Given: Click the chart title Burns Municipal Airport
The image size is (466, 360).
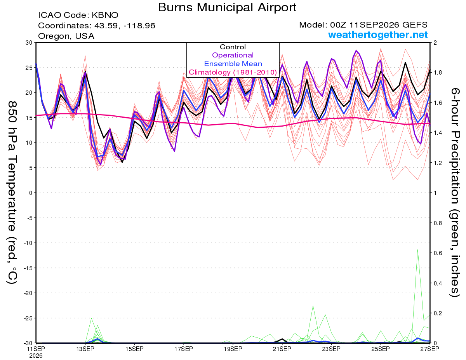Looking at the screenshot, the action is (227, 7).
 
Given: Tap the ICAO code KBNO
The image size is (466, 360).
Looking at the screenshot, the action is (105, 15).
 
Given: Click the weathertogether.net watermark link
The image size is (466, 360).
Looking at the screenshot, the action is (378, 35).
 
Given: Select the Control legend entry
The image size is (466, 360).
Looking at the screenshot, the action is (233, 47).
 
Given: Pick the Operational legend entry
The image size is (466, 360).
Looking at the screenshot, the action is (233, 55).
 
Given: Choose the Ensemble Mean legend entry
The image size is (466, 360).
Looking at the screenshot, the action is (233, 64).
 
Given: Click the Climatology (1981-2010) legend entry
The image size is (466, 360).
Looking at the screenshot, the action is (233, 72).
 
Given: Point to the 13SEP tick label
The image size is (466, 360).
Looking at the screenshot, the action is (85, 349).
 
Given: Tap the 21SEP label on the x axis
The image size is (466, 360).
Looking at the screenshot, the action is (282, 349).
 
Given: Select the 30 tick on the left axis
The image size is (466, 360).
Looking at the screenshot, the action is (29, 42).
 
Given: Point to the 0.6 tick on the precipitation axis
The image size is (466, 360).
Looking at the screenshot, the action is (436, 253).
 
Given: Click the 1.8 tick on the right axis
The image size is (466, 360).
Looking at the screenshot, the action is (436, 73).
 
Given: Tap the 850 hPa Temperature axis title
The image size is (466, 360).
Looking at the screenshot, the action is (12, 193).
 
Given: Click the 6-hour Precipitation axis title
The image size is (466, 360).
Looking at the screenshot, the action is (455, 193).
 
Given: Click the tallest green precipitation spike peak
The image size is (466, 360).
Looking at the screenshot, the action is (417, 249).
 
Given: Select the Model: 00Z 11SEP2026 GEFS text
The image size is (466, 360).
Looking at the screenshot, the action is (363, 25).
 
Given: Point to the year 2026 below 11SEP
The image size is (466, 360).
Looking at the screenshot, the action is (36, 356).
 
